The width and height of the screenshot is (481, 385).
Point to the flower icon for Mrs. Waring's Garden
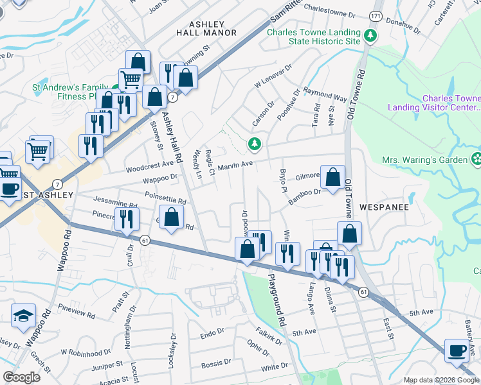pos(476,158)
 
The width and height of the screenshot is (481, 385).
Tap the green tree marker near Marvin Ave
pos(255,144)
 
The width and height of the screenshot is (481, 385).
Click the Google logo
pos(21,377)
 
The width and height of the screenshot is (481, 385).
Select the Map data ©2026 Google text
pos(440,380)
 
